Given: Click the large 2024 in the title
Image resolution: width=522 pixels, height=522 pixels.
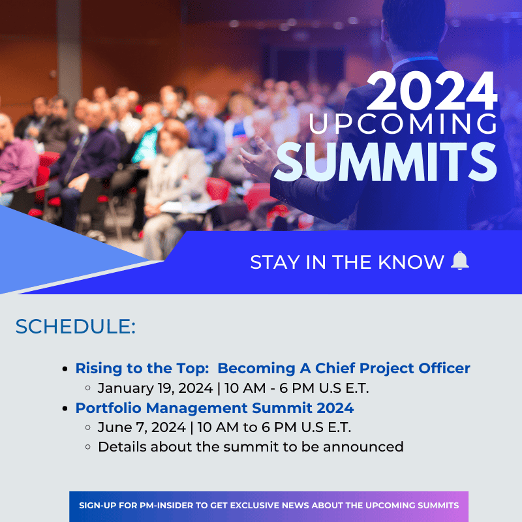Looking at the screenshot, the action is tap(432, 91).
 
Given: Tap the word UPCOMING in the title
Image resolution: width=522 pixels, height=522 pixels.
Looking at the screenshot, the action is tap(403, 123).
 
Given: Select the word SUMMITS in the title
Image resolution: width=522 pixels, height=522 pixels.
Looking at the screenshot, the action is tap(386, 162).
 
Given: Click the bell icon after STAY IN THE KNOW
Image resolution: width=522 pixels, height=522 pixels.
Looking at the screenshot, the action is tap(460, 260).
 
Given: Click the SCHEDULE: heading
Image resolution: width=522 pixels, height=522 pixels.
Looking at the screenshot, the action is tap(76, 326).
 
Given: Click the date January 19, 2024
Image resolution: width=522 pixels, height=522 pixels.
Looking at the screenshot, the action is tap(155, 388).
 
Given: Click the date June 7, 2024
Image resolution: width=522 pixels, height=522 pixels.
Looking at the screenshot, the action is tap(142, 427).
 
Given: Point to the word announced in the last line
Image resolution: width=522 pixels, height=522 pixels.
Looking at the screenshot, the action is tap(363, 447).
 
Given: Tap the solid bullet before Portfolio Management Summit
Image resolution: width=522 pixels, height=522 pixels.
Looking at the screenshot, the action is tap(65, 408).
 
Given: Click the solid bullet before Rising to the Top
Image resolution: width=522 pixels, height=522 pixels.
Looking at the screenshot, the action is tap(65, 369).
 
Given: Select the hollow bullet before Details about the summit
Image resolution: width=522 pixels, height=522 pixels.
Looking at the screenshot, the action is tap(88, 447).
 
